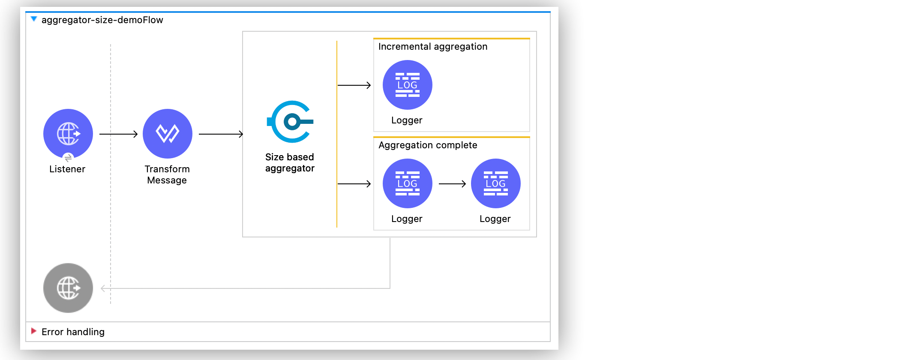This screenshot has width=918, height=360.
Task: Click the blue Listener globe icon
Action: pyautogui.click(x=68, y=133)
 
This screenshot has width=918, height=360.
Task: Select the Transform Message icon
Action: pyautogui.click(x=167, y=133)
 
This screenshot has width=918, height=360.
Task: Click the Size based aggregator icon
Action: pyautogui.click(x=291, y=122)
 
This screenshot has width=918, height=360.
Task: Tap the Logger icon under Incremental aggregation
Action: pyautogui.click(x=407, y=85)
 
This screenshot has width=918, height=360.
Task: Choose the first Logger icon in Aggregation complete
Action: pyautogui.click(x=407, y=183)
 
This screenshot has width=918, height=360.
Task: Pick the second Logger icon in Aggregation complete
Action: pyautogui.click(x=495, y=183)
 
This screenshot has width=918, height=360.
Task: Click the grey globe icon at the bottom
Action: pyautogui.click(x=68, y=288)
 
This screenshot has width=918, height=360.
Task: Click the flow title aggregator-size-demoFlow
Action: pyautogui.click(x=102, y=20)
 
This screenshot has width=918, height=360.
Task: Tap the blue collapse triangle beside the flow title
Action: pyautogui.click(x=34, y=19)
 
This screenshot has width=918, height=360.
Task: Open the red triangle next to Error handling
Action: pyautogui.click(x=33, y=331)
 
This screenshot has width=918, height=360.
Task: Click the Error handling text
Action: pyautogui.click(x=73, y=332)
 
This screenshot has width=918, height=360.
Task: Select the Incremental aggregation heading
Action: pyautogui.click(x=432, y=47)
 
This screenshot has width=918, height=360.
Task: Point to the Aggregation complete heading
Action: pyautogui.click(x=428, y=145)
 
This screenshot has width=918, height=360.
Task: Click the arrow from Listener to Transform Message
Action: pyautogui.click(x=118, y=134)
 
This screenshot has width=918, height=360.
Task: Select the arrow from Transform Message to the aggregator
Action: pyautogui.click(x=221, y=134)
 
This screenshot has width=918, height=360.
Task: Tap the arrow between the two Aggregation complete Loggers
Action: pyautogui.click(x=452, y=184)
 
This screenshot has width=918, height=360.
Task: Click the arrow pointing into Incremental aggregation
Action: pyautogui.click(x=354, y=85)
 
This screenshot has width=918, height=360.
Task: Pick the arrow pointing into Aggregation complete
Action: pyautogui.click(x=354, y=184)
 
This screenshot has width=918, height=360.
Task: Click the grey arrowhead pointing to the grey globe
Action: pyautogui.click(x=103, y=288)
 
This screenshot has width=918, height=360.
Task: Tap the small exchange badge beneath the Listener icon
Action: pyautogui.click(x=68, y=158)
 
